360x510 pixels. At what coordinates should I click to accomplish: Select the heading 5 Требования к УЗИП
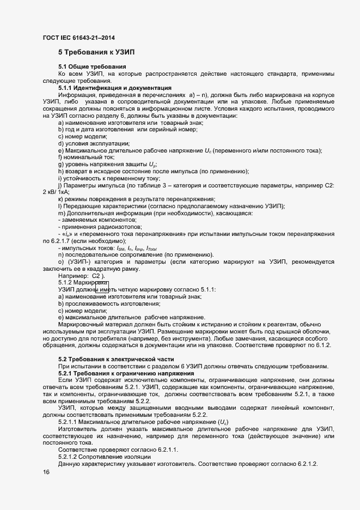pyautogui.click(x=96, y=52)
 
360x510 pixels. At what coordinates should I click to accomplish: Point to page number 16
pyautogui.click(x=46, y=472)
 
